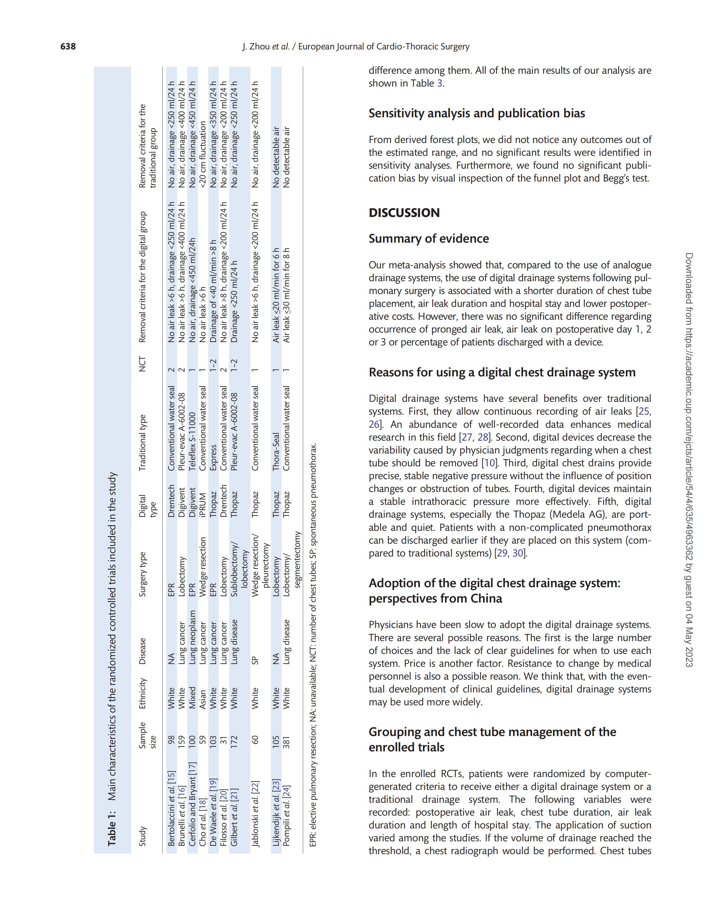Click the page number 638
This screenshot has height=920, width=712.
click(68, 46)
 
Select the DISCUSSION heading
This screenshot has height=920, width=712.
click(404, 213)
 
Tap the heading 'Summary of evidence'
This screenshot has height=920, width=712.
click(429, 238)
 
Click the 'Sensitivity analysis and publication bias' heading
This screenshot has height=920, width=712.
click(477, 113)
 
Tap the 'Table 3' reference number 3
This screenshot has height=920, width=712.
click(440, 83)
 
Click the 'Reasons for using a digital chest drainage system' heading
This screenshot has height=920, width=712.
click(502, 372)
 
